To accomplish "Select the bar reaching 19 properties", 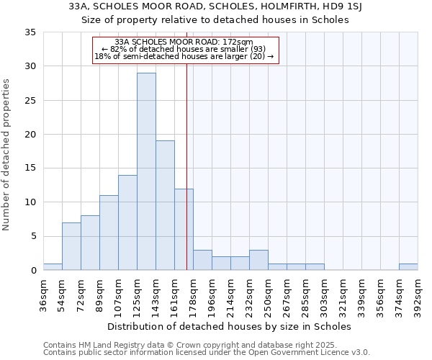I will (165, 205).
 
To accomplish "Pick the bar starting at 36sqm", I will (53, 266).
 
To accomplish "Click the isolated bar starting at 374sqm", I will (408, 266).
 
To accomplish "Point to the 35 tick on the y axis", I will (31, 32).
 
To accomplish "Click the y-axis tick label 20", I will (31, 135).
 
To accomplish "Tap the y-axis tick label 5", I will (33, 236).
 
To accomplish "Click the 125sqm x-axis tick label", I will (137, 294).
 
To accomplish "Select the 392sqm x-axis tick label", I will (418, 294).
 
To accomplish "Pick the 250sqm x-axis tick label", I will (268, 294).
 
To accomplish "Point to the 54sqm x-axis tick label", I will (62, 294).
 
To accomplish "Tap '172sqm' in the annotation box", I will (238, 42).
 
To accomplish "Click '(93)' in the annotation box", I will (254, 49).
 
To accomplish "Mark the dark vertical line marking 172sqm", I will (186, 180).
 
